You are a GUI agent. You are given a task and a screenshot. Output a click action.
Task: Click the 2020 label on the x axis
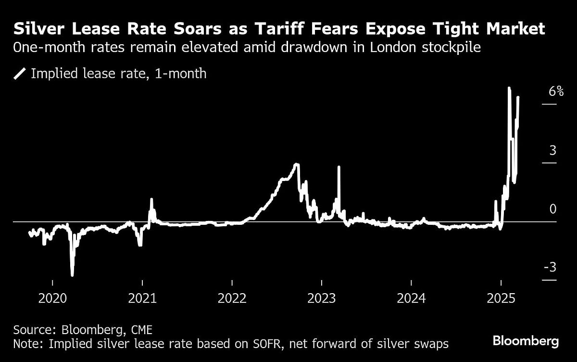(52, 298)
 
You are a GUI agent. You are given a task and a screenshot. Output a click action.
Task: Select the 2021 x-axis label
(142, 298)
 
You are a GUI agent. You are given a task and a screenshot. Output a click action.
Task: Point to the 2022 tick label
(232, 298)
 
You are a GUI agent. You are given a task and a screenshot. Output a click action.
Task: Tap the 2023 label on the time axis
(322, 298)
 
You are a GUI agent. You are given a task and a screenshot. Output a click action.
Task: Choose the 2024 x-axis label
(411, 298)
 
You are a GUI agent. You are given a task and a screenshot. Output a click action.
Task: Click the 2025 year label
(501, 298)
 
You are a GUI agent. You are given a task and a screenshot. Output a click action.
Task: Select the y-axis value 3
(553, 150)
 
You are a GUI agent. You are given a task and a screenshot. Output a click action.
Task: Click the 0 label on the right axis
(553, 209)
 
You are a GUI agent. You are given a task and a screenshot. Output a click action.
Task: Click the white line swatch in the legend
(20, 74)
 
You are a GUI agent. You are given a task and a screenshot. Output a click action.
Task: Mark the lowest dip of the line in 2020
(72, 275)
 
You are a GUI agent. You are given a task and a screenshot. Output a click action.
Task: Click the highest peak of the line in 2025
(509, 88)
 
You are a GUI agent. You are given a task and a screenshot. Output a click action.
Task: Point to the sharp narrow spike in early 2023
(339, 167)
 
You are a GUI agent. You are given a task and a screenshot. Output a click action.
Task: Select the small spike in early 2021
(151, 199)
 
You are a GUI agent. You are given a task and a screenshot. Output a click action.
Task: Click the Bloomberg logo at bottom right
(526, 341)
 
